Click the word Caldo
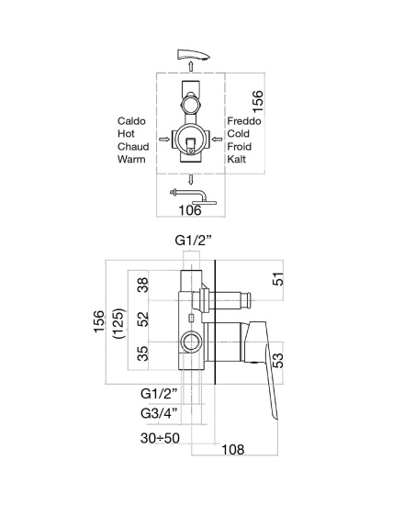131,121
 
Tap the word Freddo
244,121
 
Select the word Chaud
133,147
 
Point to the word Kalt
237,159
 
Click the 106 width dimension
190,210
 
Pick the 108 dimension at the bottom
233,449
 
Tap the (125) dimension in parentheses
118,323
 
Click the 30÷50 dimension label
160,438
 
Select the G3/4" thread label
159,413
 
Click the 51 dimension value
278,279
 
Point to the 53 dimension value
278,361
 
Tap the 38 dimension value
143,285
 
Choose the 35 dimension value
143,353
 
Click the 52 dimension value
143,320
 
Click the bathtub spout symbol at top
193,54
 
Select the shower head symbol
193,196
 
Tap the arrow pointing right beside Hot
164,140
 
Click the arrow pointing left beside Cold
218,140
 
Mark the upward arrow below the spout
191,66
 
